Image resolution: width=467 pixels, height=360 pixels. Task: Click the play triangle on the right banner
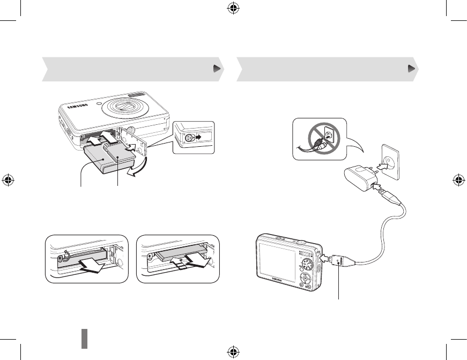tap(411, 69)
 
